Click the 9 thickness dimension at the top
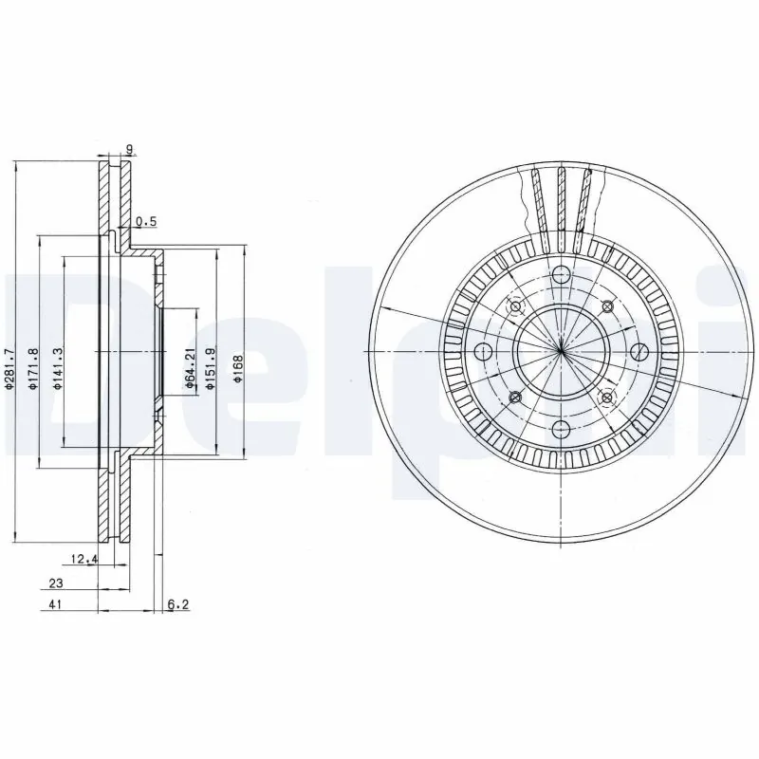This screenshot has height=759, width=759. [129, 149]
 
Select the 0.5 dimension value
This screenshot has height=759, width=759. [146, 222]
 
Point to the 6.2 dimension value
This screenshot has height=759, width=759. [176, 603]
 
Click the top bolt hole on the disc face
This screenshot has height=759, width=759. [561, 275]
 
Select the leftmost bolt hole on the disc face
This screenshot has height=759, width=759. [483, 353]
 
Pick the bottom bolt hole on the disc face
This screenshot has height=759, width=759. [561, 430]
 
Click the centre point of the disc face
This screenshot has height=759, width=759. [561, 352]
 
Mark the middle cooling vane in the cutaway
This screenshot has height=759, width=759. [561, 200]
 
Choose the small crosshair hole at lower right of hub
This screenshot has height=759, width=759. [608, 397]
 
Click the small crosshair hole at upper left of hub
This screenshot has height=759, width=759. [516, 306]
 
